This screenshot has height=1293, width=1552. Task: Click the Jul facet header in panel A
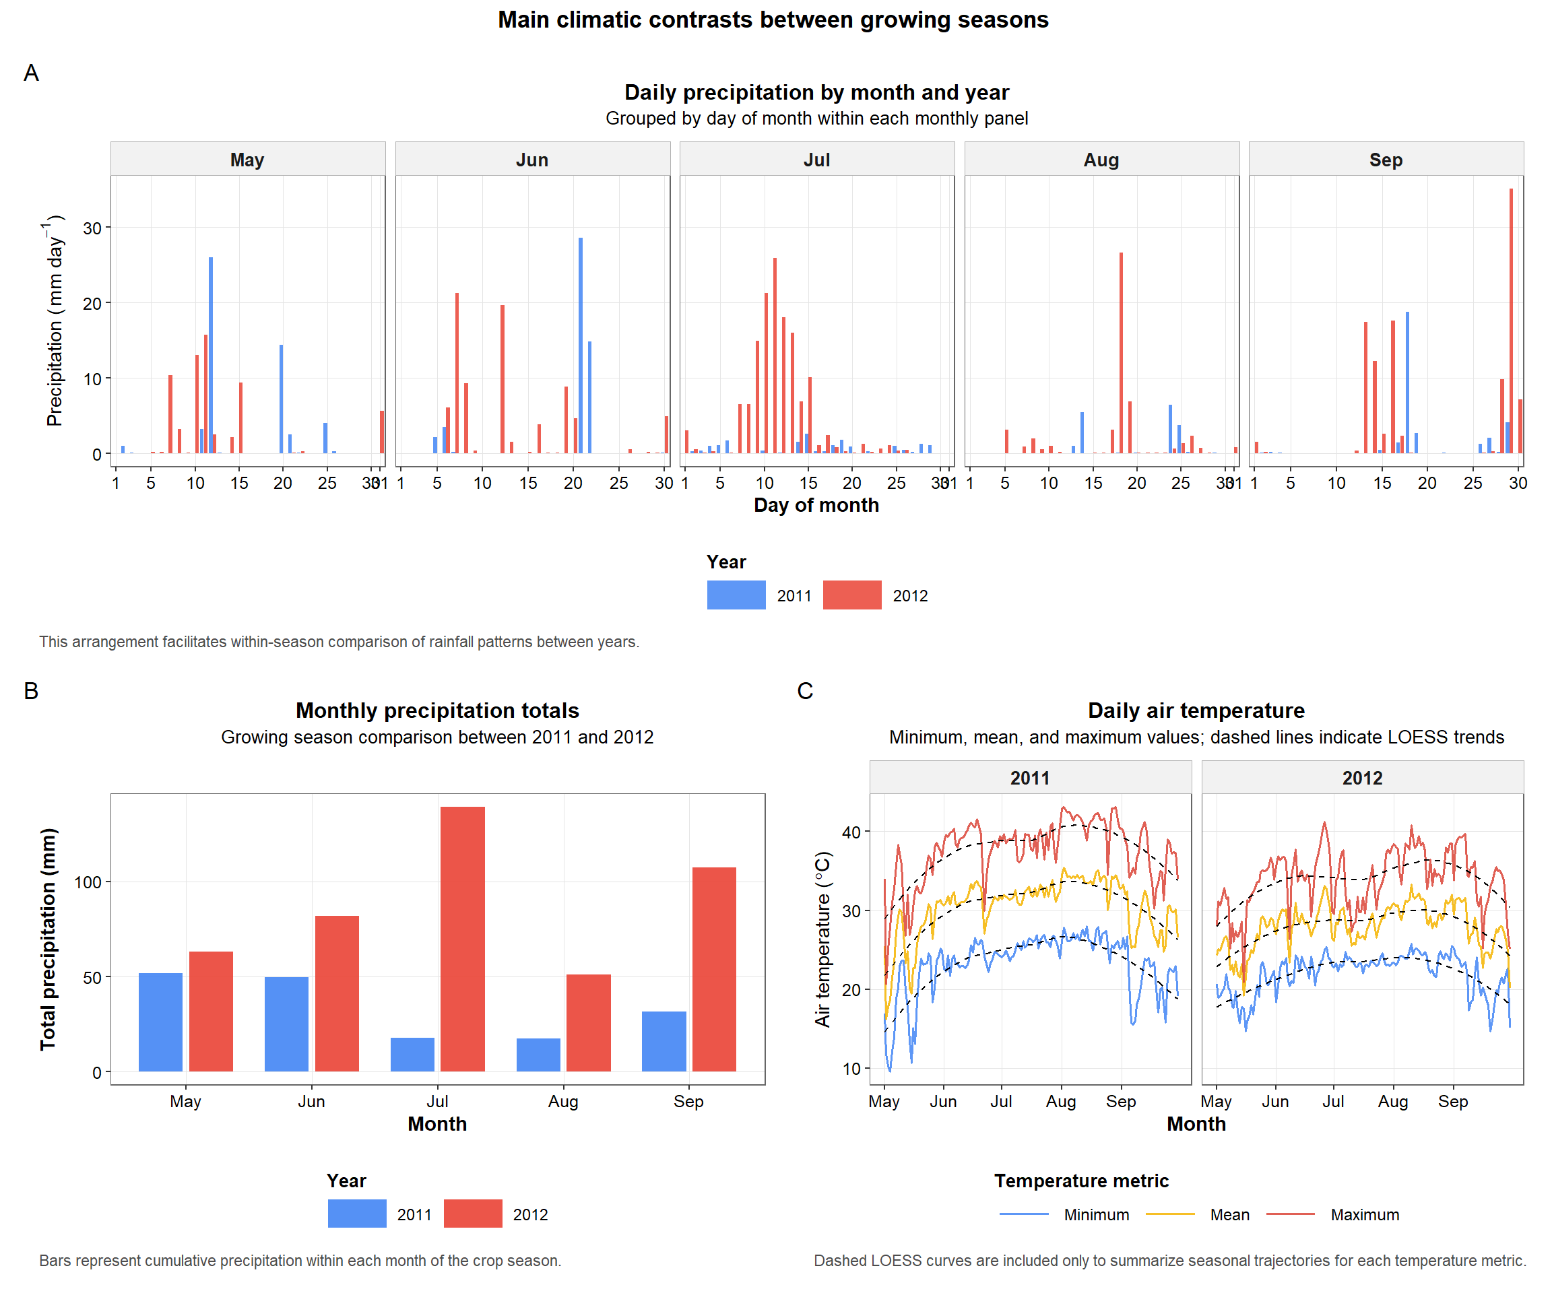(x=816, y=160)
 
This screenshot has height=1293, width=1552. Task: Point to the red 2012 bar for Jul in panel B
(x=463, y=938)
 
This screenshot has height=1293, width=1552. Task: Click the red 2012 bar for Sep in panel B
(x=714, y=968)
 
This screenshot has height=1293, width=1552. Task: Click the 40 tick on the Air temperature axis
(x=851, y=832)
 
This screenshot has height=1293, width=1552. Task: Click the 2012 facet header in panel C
(x=1362, y=778)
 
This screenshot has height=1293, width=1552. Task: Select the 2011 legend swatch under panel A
(x=736, y=595)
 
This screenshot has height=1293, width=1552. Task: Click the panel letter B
(x=31, y=691)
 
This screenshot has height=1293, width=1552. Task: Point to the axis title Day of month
(x=816, y=505)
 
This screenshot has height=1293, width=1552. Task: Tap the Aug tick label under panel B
(x=563, y=1101)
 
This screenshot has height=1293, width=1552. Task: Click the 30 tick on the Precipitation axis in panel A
(x=92, y=228)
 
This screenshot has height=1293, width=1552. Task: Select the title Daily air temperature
(x=1196, y=710)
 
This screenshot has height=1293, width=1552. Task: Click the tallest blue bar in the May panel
(x=211, y=355)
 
